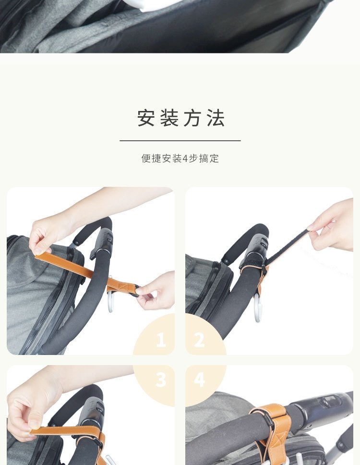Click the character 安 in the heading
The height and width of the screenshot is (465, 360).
click(x=146, y=118)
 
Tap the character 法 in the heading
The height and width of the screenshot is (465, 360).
click(x=216, y=118)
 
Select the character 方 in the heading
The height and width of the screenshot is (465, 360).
click(x=192, y=118)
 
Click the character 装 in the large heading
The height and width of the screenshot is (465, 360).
click(x=169, y=118)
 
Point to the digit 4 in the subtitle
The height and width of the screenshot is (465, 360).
click(x=185, y=159)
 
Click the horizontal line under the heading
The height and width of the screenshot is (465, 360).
click(x=180, y=141)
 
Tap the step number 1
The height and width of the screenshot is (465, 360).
click(x=161, y=340)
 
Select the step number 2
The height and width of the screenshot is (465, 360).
click(x=199, y=340)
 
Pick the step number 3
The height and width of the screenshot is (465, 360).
click(x=161, y=379)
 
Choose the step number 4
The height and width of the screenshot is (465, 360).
click(x=199, y=379)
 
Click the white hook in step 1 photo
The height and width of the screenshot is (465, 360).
click(x=109, y=301)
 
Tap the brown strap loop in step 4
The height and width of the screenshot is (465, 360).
click(x=274, y=427)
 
